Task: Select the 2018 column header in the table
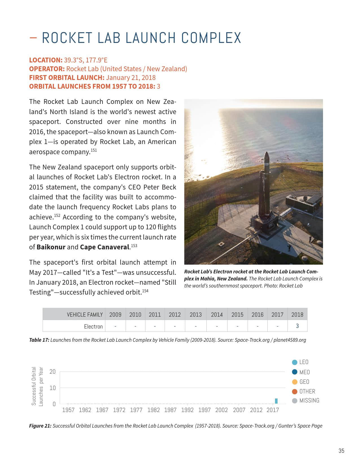[297, 315]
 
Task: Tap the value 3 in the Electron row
[297, 326]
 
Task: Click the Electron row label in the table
[93, 326]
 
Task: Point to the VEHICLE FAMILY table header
[85, 315]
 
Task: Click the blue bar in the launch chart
[276, 401]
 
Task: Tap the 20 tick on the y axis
[53, 372]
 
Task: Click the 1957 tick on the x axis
[68, 410]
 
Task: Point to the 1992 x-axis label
[187, 410]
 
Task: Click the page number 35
[341, 451]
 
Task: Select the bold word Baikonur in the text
[51, 247]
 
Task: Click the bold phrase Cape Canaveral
[104, 247]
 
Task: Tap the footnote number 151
[94, 150]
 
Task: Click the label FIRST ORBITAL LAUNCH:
[67, 78]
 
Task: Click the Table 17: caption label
[39, 340]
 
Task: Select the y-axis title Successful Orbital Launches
[37, 386]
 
